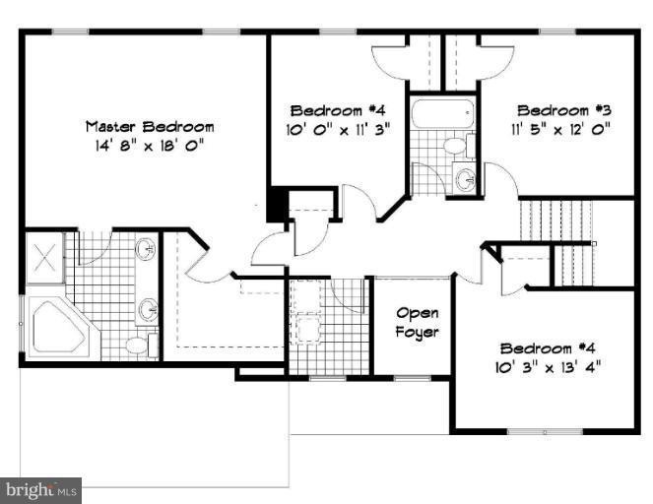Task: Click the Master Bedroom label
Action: [x=150, y=127]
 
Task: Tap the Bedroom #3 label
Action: [x=564, y=110]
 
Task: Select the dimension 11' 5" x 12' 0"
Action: [x=561, y=129]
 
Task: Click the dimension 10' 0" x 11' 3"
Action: [x=338, y=129]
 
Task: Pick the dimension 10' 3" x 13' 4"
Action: [x=548, y=367]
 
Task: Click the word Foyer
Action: [x=417, y=333]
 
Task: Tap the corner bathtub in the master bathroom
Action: [x=58, y=327]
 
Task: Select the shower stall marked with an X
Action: [x=44, y=257]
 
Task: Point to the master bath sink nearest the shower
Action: [x=146, y=249]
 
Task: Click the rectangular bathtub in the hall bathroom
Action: [x=442, y=113]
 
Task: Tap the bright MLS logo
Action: [x=40, y=490]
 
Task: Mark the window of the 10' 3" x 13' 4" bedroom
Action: [x=545, y=431]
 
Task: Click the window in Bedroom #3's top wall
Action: [x=557, y=31]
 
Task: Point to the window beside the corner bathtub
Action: [x=21, y=324]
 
